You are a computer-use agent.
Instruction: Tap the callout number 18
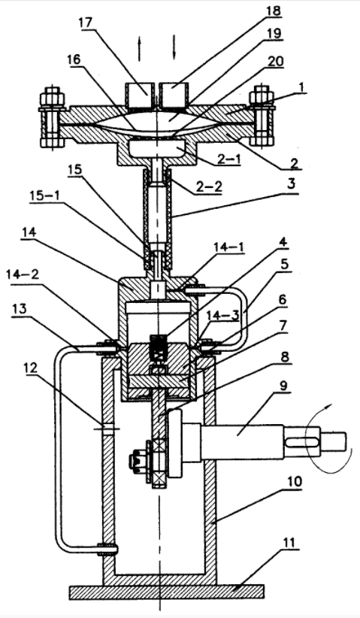tap(274, 11)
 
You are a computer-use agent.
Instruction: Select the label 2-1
tap(228, 158)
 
